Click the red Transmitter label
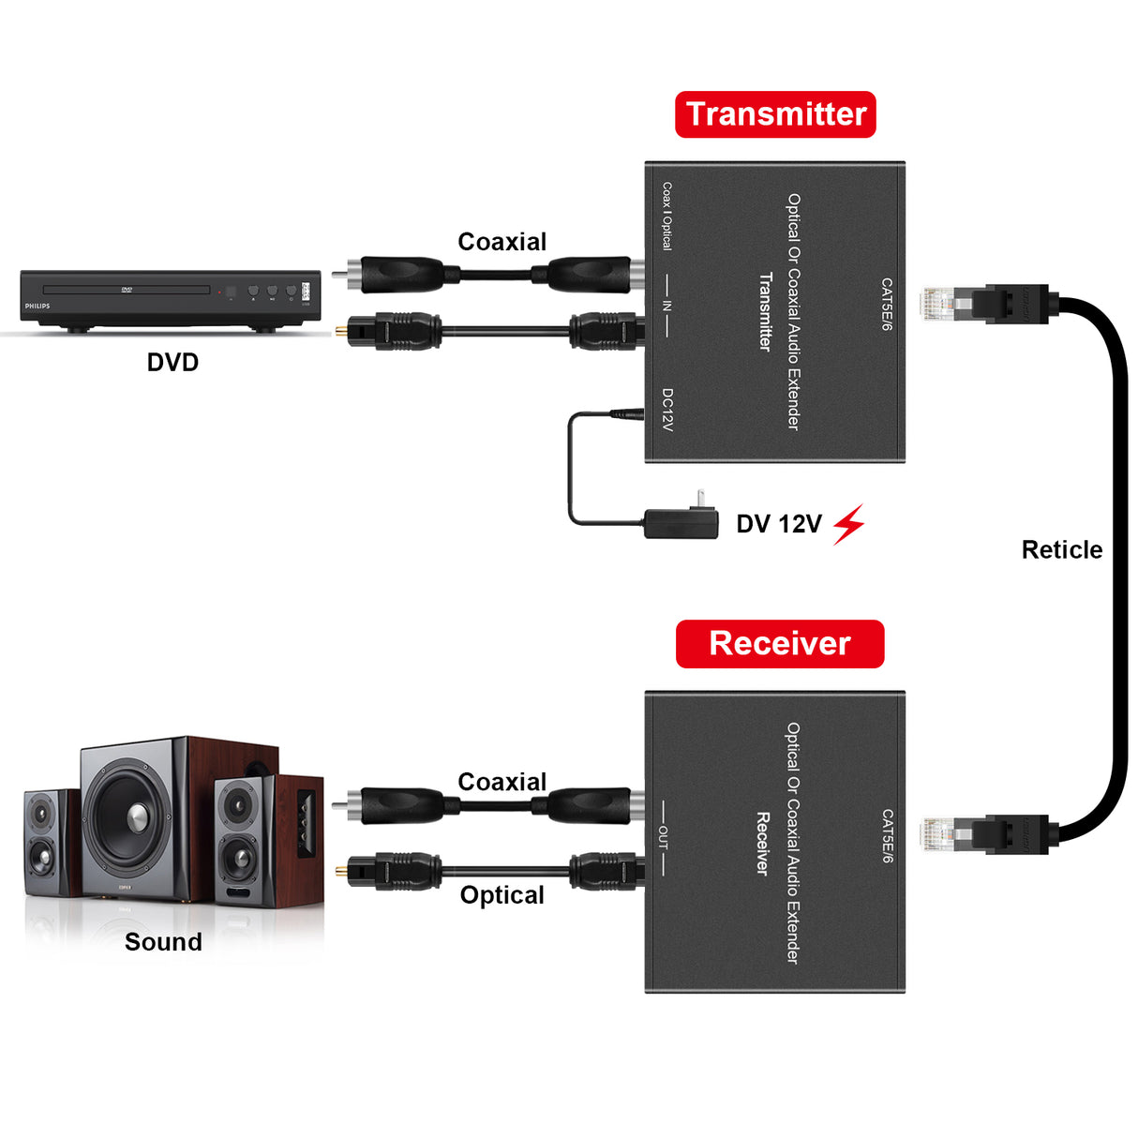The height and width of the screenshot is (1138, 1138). [775, 114]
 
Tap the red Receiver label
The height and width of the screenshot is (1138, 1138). [779, 643]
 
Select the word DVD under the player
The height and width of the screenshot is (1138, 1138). [172, 362]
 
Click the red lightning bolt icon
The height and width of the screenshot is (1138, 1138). [848, 524]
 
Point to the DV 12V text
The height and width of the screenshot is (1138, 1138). [778, 524]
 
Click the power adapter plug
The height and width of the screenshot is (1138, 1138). [681, 520]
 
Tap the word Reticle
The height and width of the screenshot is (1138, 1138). [1061, 549]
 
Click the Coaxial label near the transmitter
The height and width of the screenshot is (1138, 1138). [502, 242]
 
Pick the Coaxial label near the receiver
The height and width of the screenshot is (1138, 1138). [502, 782]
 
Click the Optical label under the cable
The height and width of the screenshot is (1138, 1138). [502, 895]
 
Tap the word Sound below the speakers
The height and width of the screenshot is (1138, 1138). [163, 942]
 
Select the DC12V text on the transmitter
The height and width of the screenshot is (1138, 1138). [667, 410]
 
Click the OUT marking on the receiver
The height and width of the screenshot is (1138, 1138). [663, 837]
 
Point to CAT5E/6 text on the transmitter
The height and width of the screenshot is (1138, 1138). [886, 304]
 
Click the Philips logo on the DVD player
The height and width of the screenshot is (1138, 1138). [37, 306]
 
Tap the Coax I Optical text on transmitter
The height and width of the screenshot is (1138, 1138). [666, 217]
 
